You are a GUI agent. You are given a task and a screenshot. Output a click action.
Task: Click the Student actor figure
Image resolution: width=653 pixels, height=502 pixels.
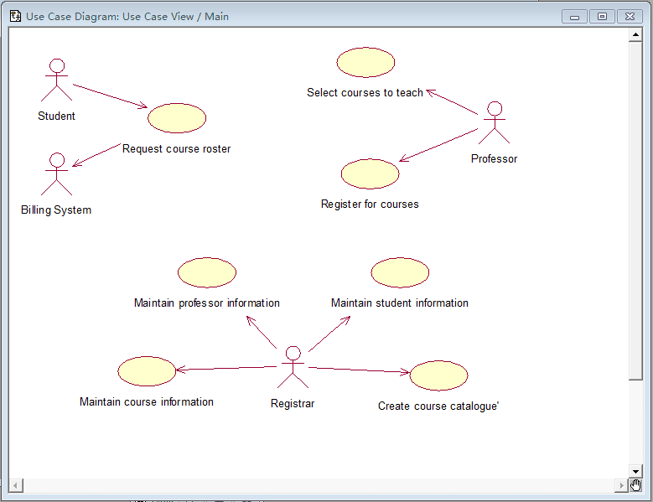coord(56,80)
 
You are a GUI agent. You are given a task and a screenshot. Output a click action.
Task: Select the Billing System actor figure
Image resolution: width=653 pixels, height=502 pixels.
coord(56,174)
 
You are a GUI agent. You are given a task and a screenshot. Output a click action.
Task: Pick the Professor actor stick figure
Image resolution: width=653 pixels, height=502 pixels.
coord(495,122)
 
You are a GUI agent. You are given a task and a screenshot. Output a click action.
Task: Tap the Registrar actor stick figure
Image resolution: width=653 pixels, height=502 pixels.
coord(292,367)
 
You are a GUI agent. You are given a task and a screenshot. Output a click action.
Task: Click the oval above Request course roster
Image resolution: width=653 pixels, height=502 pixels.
coord(177,118)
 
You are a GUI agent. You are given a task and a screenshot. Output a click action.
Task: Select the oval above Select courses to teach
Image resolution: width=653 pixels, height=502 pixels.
coord(365,62)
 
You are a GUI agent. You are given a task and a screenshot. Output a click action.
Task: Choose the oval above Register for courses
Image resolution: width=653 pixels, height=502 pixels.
coord(371,173)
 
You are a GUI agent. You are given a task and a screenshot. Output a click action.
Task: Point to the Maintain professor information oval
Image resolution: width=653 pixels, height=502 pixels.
coord(207,272)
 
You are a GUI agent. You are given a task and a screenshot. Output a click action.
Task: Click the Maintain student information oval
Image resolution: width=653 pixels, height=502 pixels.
coord(400,272)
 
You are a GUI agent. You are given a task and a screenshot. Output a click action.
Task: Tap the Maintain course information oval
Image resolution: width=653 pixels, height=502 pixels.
coord(147,371)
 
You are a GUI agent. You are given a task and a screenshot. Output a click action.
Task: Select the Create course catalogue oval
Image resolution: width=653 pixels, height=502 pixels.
coord(438,376)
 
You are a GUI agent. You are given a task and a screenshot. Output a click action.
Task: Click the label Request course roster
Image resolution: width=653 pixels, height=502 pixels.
coord(176,149)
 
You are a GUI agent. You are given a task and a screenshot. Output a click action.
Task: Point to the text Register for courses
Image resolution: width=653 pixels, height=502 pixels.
coord(370,204)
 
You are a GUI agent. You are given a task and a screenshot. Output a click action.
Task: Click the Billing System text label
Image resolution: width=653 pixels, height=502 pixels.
coord(56,210)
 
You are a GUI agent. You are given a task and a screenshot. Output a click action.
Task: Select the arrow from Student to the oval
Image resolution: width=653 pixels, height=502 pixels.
coord(110,96)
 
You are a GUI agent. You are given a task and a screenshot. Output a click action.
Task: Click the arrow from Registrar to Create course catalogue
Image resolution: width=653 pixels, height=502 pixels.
coord(359,370)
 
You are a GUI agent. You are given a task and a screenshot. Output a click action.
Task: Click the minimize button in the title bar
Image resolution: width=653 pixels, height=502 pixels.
coord(574,17)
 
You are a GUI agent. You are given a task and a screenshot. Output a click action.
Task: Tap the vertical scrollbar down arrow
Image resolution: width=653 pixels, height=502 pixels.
coord(635,472)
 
